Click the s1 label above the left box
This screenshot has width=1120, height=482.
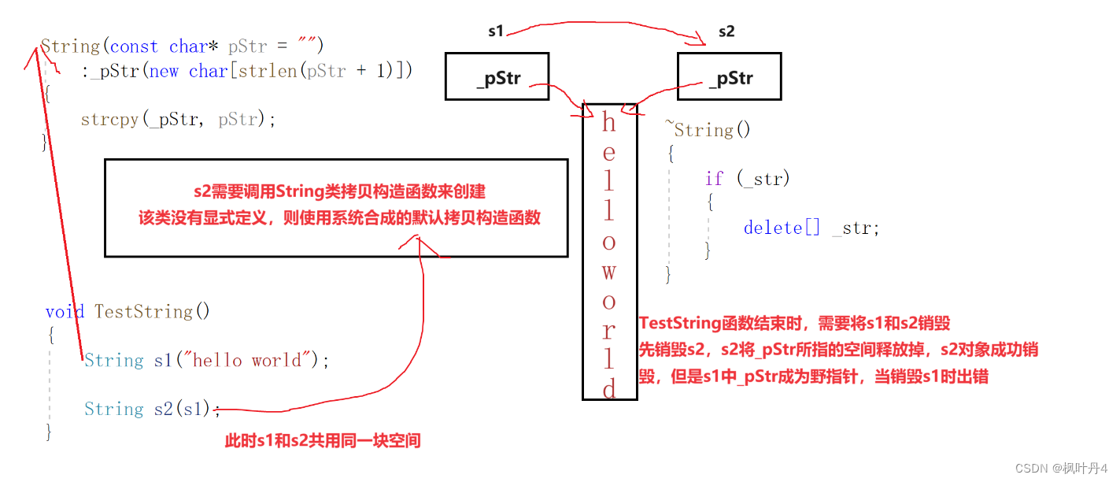(x=496, y=32)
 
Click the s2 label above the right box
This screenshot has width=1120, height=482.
(x=726, y=32)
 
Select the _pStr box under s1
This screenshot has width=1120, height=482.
(x=497, y=76)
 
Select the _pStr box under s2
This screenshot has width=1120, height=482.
(x=729, y=76)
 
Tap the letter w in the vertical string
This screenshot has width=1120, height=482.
(x=609, y=273)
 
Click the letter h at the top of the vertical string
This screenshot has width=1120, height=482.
(x=609, y=122)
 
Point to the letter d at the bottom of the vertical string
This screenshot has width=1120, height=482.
(x=610, y=388)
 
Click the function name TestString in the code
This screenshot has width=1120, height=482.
(x=144, y=311)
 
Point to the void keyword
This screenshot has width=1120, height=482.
(x=65, y=311)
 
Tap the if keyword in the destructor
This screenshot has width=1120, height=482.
(x=714, y=179)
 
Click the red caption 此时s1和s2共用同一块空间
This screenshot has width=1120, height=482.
(x=323, y=441)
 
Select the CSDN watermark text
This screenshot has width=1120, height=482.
(x=1063, y=468)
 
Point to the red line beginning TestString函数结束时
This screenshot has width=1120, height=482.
(x=794, y=323)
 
